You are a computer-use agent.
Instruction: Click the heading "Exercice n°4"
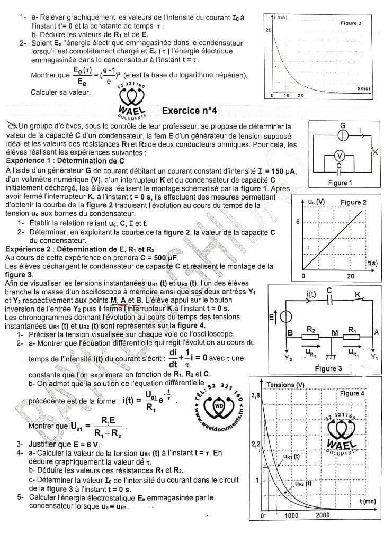click(x=189, y=111)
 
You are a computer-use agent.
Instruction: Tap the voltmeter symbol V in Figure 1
click(x=341, y=155)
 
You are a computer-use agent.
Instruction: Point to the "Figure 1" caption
click(x=341, y=183)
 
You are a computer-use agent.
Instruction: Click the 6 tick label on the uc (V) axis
click(x=298, y=222)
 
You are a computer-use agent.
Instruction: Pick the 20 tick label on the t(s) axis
click(x=351, y=276)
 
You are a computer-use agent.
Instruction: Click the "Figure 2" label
click(x=353, y=203)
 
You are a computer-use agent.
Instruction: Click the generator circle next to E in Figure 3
click(x=285, y=316)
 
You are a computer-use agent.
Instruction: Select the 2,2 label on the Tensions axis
click(x=254, y=442)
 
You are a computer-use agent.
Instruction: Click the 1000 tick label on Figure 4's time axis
click(x=291, y=515)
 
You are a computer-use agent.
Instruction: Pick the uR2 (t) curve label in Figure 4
click(x=303, y=483)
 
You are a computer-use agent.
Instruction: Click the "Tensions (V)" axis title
click(x=286, y=384)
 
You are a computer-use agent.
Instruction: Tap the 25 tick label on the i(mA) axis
click(x=267, y=30)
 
